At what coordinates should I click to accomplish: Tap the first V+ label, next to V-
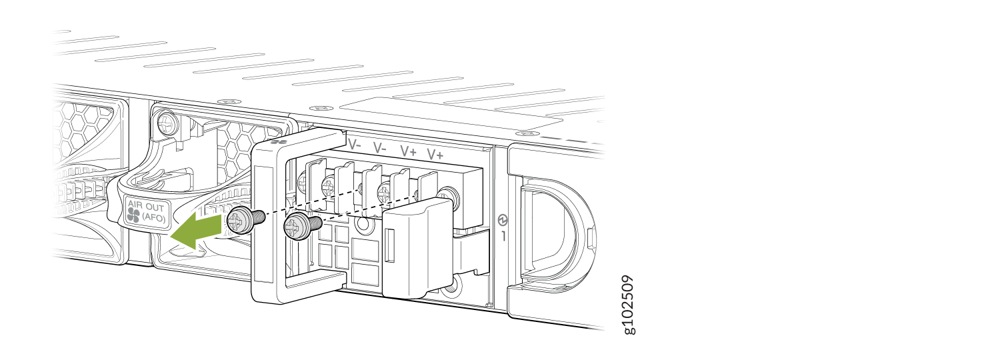tap(408, 151)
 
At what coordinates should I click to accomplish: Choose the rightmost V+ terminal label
tap(435, 155)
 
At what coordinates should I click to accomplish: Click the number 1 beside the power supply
tap(504, 236)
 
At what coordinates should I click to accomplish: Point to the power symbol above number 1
tap(503, 219)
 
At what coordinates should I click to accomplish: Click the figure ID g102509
tap(628, 304)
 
